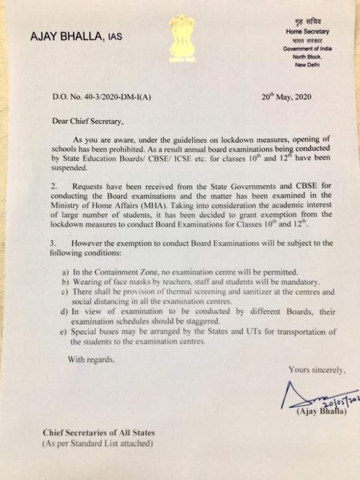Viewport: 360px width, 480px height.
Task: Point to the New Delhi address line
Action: (308, 65)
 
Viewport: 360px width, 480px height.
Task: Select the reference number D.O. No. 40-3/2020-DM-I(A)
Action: (101, 98)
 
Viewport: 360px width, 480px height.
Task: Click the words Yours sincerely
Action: (317, 370)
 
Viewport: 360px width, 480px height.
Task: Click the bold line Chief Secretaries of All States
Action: (99, 433)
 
